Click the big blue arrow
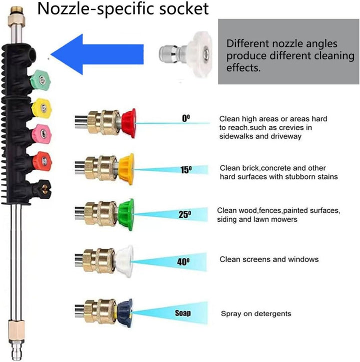click(97, 54)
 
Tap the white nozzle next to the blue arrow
click(185, 54)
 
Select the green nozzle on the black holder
click(40, 80)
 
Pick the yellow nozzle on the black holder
click(42, 108)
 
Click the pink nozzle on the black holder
click(41, 134)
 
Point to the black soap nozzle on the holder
click(42, 190)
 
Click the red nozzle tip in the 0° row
click(128, 123)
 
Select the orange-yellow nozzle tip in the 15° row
click(126, 169)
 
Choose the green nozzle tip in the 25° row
click(126, 215)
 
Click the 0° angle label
click(185, 118)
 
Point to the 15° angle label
click(186, 170)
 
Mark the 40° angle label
click(183, 262)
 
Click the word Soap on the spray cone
click(183, 313)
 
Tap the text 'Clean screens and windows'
click(269, 259)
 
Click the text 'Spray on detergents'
click(256, 314)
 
